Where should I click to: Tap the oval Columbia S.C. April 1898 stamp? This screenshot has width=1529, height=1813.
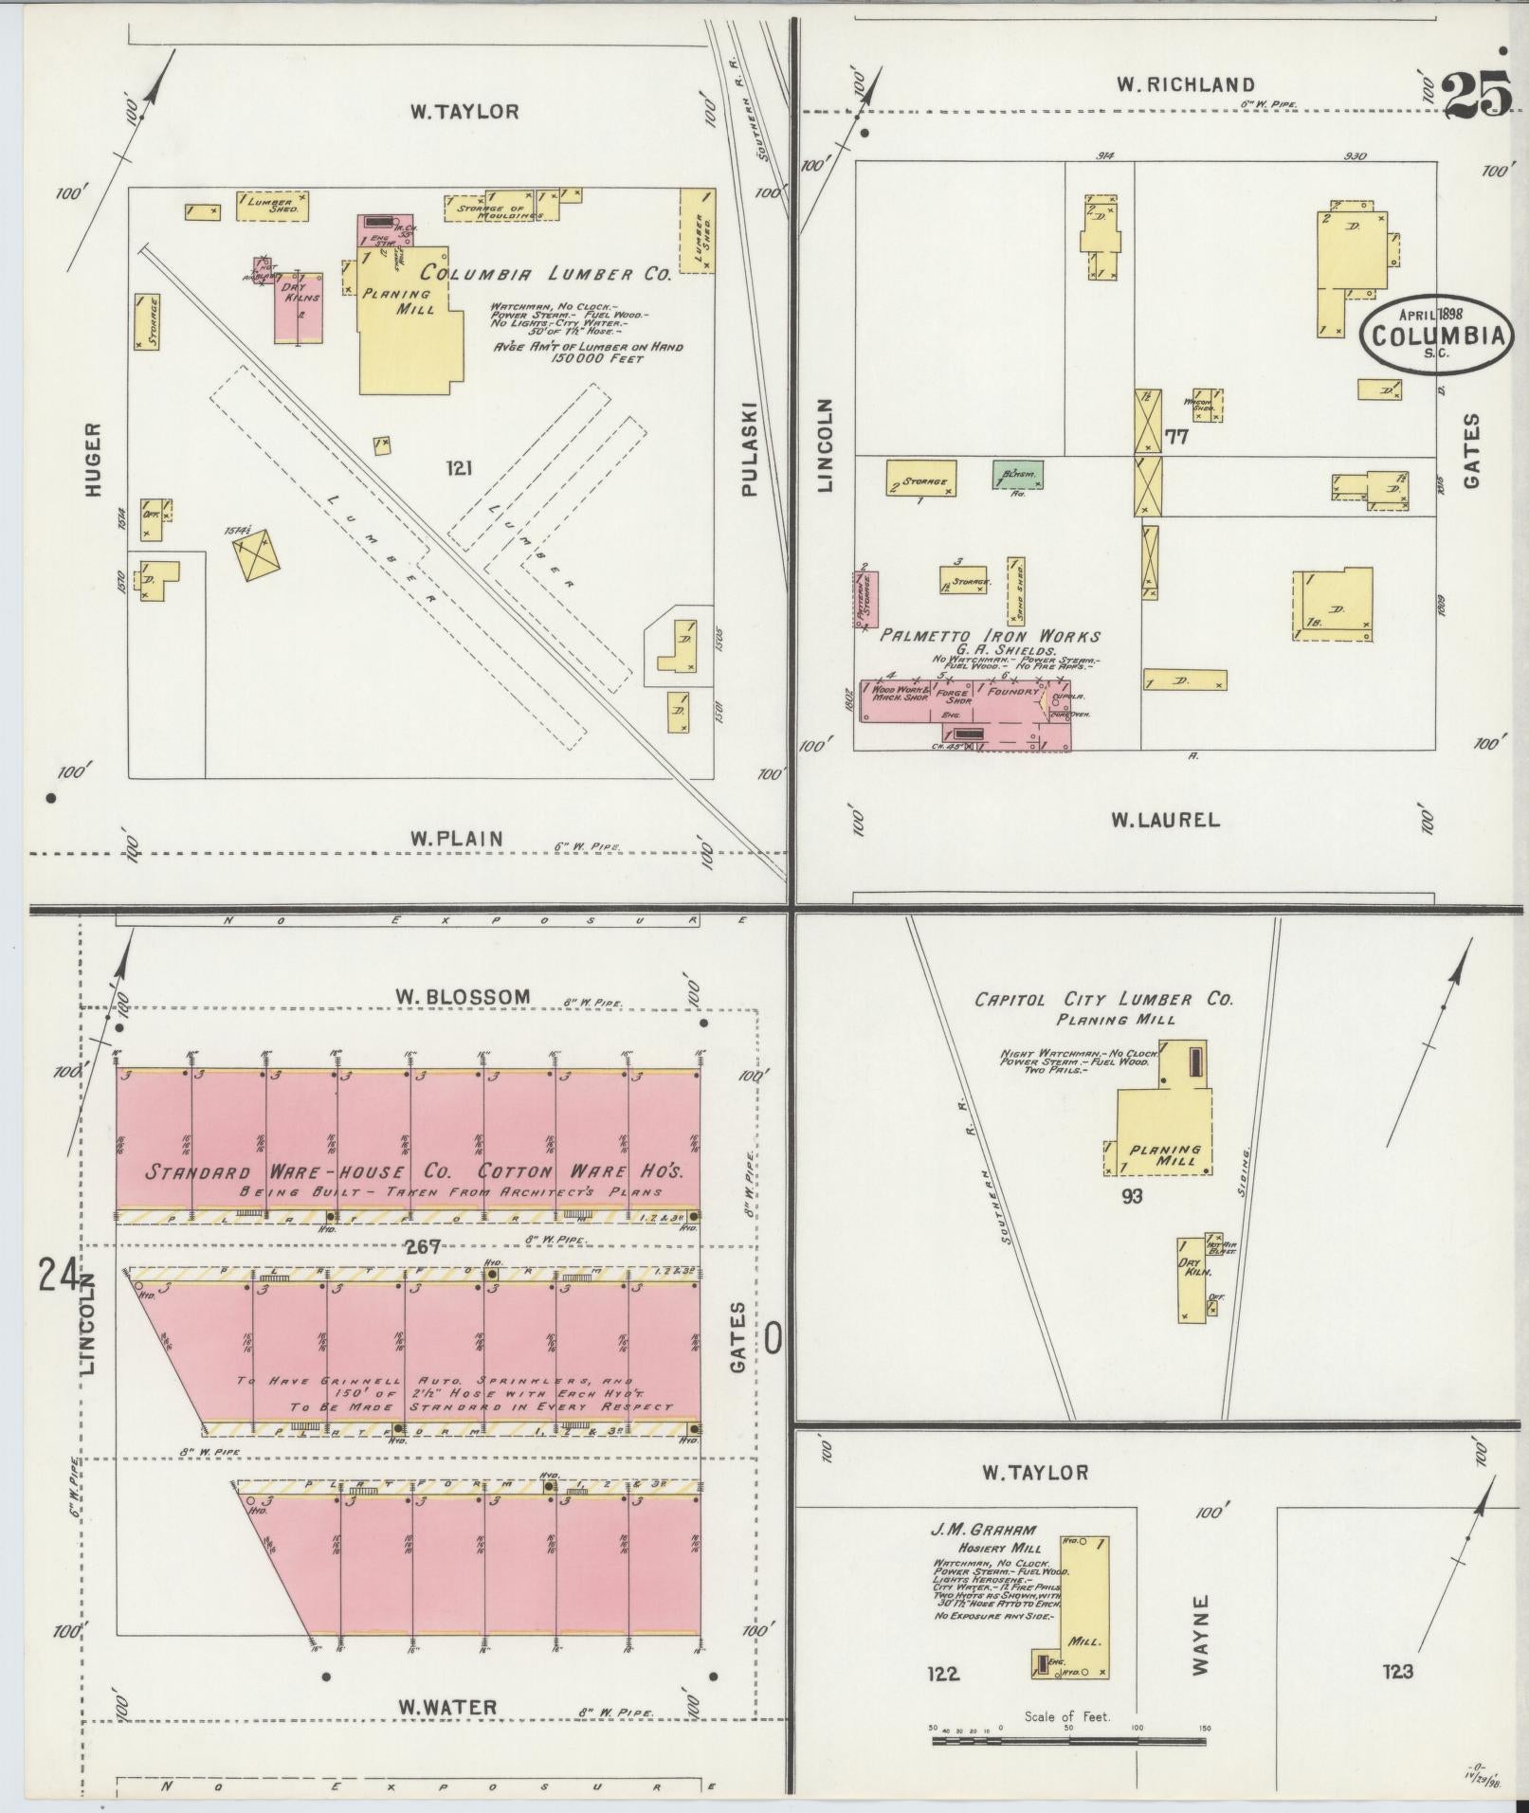1437,334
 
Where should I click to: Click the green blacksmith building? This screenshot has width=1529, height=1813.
1019,473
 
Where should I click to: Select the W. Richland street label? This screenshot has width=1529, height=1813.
1185,85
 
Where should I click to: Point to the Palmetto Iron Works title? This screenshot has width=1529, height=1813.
991,636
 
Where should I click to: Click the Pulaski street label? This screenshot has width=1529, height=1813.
749,447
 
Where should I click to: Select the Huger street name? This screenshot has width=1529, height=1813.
92,459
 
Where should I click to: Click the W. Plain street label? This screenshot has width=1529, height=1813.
456,838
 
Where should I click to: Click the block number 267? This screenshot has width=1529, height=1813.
422,1247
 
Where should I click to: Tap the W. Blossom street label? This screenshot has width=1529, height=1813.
463,996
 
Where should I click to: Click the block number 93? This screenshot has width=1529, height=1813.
1131,1197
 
